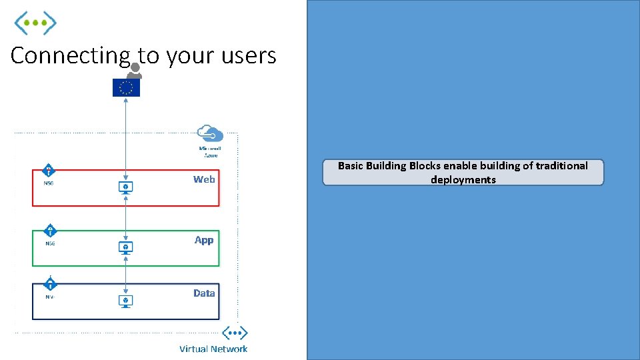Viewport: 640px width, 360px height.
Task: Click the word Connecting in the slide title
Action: click(x=70, y=56)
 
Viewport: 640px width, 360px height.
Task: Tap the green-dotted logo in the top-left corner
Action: click(x=36, y=23)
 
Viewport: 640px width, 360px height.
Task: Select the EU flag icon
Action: click(x=126, y=87)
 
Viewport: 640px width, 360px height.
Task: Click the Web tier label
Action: click(x=204, y=179)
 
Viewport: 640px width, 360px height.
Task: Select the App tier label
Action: click(x=204, y=240)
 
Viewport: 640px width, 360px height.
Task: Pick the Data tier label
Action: click(x=204, y=293)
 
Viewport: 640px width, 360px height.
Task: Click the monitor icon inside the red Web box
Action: click(x=125, y=187)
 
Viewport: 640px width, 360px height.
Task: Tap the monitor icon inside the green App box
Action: click(x=125, y=247)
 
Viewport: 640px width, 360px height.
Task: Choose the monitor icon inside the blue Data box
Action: click(x=125, y=301)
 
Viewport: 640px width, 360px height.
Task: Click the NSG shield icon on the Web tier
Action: click(x=49, y=171)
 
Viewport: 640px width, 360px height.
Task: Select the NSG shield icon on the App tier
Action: click(x=49, y=231)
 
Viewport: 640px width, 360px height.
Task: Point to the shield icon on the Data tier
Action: click(x=49, y=283)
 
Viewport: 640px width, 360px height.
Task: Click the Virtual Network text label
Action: click(x=213, y=349)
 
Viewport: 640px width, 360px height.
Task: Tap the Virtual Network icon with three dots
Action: click(x=235, y=333)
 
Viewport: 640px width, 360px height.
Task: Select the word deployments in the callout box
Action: click(x=463, y=180)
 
